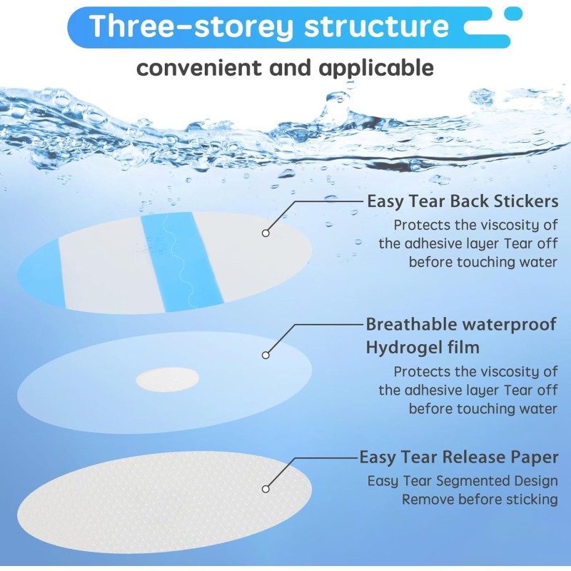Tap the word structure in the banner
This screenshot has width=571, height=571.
pos(377,26)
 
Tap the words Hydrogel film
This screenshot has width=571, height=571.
pos(422,348)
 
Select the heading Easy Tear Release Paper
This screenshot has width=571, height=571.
pos(458,457)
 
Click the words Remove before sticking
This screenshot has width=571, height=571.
pos(480,500)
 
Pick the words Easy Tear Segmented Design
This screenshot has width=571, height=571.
pos(463,480)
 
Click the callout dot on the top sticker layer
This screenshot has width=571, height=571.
pos(266,233)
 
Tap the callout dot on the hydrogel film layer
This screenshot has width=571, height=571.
pos(266,355)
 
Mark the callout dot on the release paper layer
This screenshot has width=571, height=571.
pos(266,489)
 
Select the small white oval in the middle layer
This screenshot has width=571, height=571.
pos(167,380)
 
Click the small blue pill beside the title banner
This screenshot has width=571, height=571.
pos(513,13)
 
